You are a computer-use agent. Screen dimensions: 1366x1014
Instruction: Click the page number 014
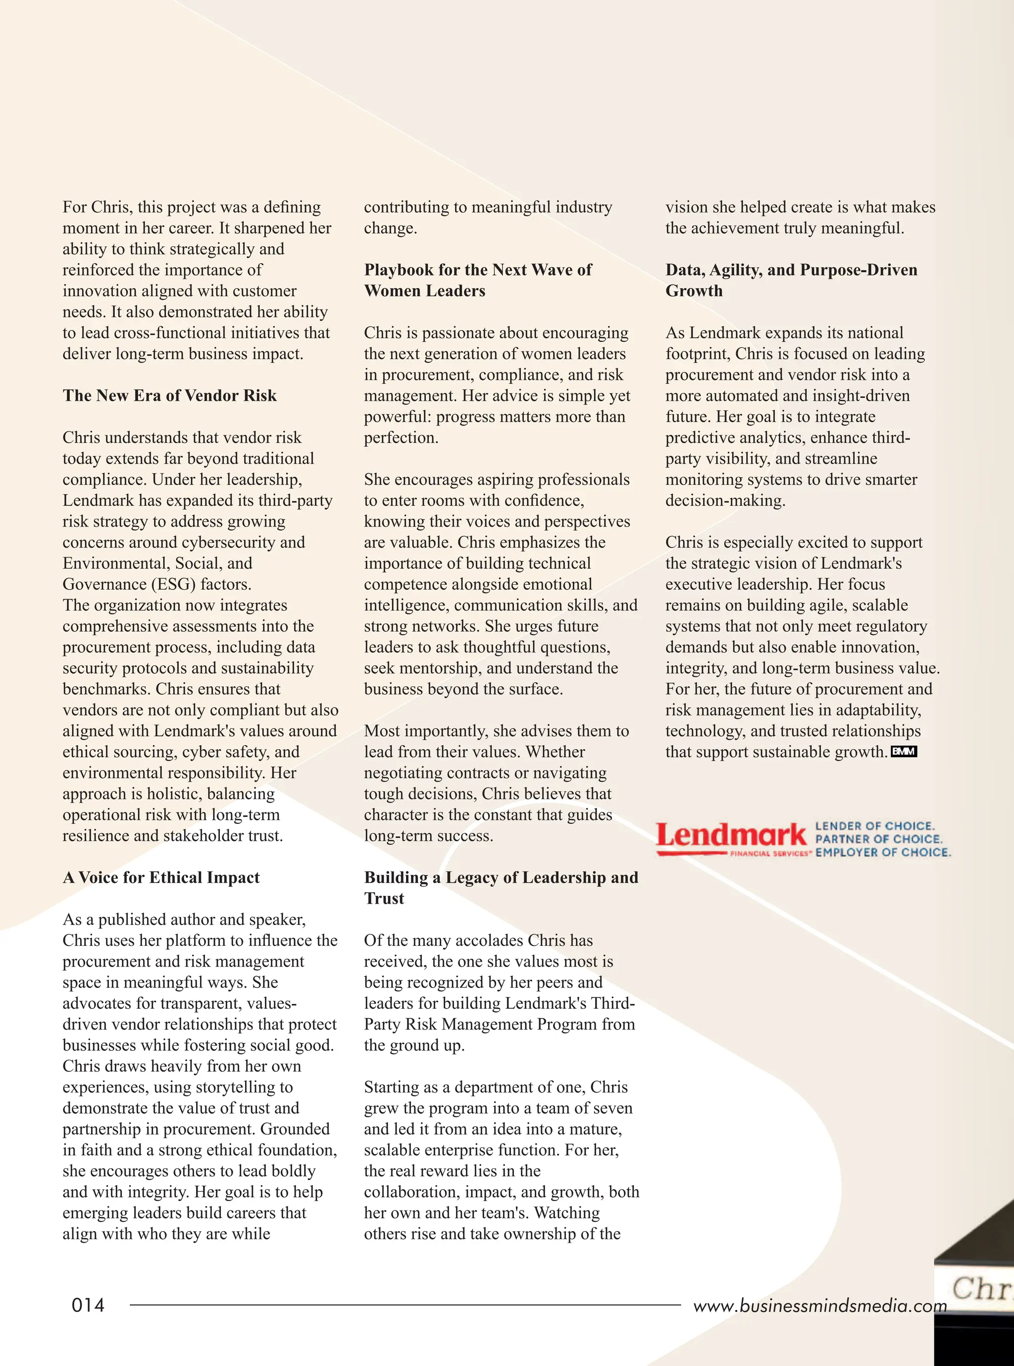click(88, 1305)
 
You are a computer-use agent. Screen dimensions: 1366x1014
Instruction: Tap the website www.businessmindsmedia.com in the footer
click(819, 1306)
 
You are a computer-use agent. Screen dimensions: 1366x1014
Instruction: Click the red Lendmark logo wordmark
click(730, 835)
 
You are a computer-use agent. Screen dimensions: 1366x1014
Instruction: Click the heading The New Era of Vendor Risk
click(169, 395)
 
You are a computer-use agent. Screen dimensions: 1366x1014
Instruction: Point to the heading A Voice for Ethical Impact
click(161, 877)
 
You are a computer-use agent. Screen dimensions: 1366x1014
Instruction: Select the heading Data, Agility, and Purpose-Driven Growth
click(791, 280)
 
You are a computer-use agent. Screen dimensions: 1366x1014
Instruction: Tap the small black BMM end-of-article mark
click(904, 752)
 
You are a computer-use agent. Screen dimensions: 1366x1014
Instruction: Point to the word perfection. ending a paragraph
click(401, 438)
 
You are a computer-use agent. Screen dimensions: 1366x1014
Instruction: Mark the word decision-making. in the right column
click(725, 500)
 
